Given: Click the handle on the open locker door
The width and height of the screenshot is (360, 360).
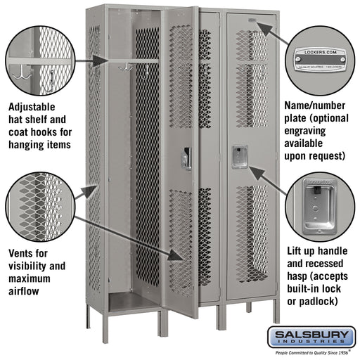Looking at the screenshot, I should coord(186,158).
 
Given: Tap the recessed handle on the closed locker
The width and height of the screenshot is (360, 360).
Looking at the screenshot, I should coord(240,157).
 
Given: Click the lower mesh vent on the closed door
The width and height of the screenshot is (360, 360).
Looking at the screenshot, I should coord(251,232).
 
